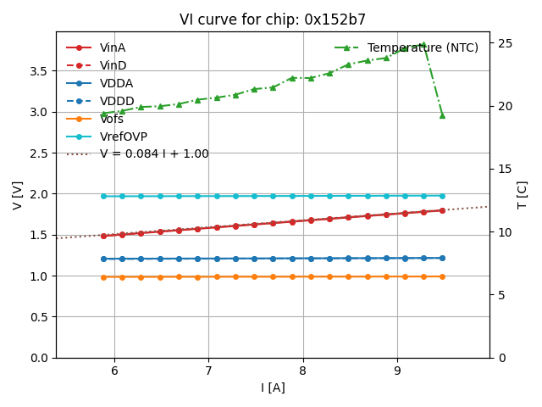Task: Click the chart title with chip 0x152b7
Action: tap(273, 20)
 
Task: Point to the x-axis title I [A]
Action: tap(273, 388)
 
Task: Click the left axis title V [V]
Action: tap(18, 194)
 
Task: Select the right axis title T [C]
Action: tap(522, 194)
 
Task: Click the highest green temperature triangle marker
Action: tap(423, 44)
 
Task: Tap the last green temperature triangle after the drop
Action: tap(442, 115)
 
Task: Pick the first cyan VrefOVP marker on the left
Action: tap(103, 196)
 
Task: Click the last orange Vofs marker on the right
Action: tap(442, 276)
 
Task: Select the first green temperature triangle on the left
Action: tap(103, 114)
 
